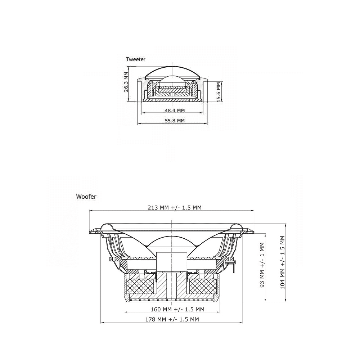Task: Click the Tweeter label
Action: [136, 59]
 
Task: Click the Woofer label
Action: [86, 197]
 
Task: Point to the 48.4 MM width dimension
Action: [175, 111]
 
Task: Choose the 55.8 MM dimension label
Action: [175, 121]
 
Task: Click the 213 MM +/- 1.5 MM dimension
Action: [175, 208]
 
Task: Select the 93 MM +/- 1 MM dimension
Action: [262, 265]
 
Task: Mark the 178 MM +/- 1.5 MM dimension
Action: [172, 319]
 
